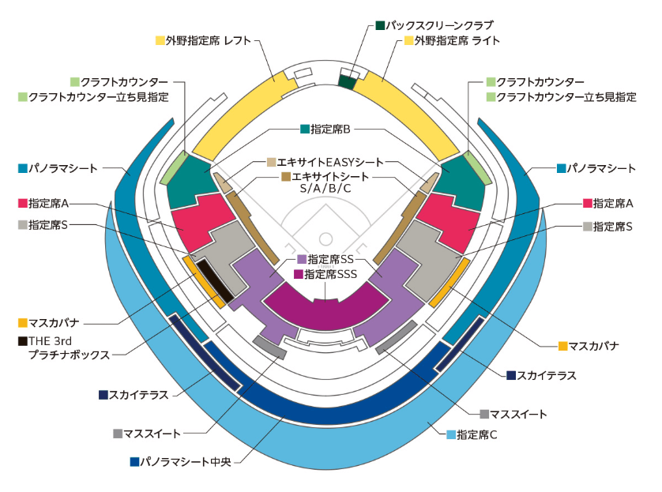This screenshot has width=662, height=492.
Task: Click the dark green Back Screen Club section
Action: tap(347, 82)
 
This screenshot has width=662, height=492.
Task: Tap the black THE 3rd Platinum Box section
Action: tap(216, 280)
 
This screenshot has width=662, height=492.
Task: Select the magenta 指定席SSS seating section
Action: tap(326, 306)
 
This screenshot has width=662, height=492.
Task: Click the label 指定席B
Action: tap(330, 129)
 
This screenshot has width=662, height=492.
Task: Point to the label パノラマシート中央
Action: tap(186, 462)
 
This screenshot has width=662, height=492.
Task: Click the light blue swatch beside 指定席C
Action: tap(451, 434)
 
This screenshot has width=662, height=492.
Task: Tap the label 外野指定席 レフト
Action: tap(209, 40)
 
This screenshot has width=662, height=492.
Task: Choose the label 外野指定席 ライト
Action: tap(457, 40)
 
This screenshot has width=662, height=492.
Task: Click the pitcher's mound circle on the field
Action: tap(325, 239)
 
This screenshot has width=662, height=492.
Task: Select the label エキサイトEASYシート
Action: tap(330, 162)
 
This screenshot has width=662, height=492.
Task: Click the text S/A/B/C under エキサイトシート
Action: tap(325, 188)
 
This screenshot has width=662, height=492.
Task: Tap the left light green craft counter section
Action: tap(174, 167)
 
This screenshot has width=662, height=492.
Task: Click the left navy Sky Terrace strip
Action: tap(205, 352)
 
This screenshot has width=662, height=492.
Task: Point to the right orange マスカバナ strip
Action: tap(449, 283)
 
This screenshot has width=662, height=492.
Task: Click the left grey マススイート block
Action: tap(269, 347)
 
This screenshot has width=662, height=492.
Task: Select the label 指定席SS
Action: tap(330, 259)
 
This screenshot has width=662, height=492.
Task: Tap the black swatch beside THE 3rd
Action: tap(23, 341)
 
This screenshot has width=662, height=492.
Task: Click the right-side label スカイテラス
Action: tap(547, 375)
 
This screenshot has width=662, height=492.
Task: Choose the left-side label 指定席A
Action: tap(48, 204)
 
